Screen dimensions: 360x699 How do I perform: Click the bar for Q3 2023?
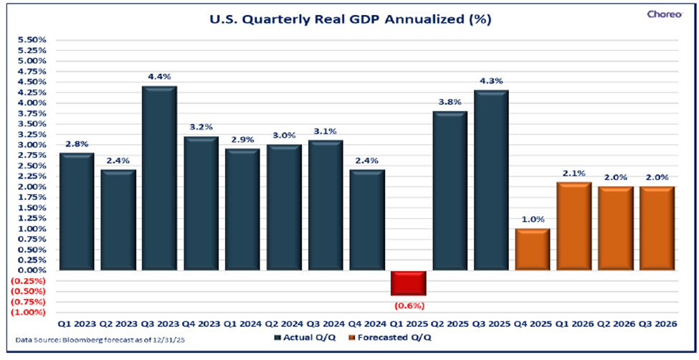(159, 179)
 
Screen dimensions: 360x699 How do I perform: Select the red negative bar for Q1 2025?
(407, 283)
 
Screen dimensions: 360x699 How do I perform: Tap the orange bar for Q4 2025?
(533, 250)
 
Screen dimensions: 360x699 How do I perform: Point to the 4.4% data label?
(159, 77)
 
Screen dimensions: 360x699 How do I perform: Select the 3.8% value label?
(450, 101)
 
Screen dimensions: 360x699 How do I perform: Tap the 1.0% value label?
(533, 219)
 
